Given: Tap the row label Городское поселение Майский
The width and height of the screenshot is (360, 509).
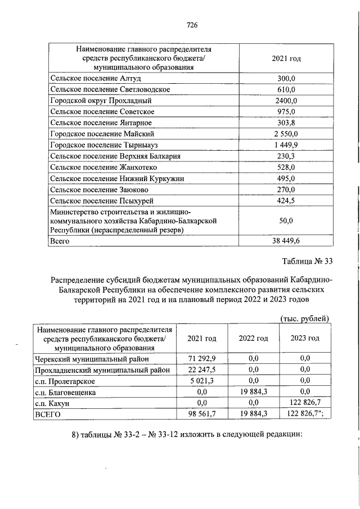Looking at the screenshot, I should [102, 134].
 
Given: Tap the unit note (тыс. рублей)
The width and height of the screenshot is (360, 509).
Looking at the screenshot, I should [304, 319].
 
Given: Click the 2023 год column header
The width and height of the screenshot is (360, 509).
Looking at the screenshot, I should [305, 339].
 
